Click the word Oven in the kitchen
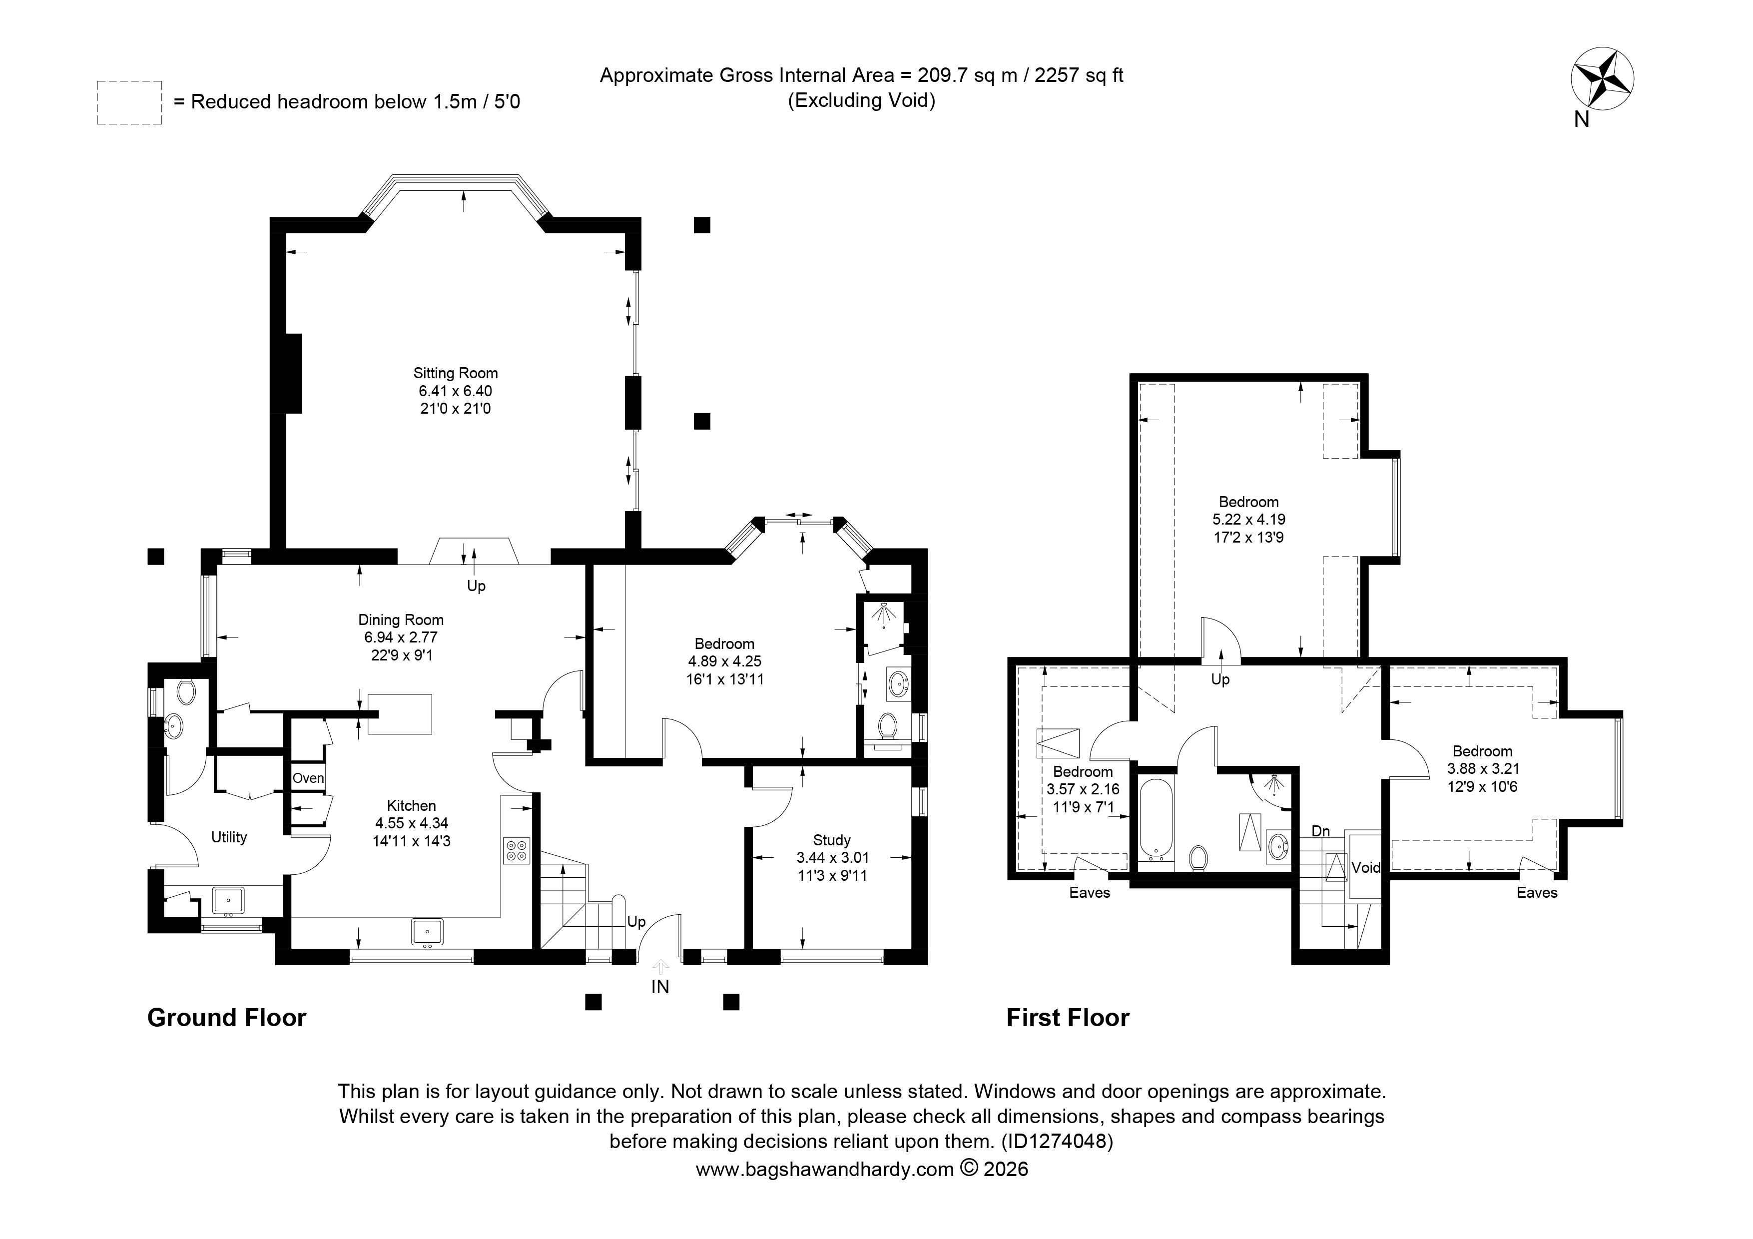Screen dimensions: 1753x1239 click(x=308, y=779)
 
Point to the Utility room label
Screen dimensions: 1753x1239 click(x=229, y=837)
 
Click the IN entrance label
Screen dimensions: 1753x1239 click(x=660, y=987)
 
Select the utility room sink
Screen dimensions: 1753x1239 click(x=227, y=902)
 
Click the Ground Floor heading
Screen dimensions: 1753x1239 click(x=227, y=1018)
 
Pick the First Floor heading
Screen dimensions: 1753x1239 click(x=1068, y=1018)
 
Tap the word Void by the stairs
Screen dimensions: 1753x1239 click(x=1366, y=867)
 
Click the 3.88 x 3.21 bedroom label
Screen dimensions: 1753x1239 click(x=1483, y=769)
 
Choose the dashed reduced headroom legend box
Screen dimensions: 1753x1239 click(x=129, y=102)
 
